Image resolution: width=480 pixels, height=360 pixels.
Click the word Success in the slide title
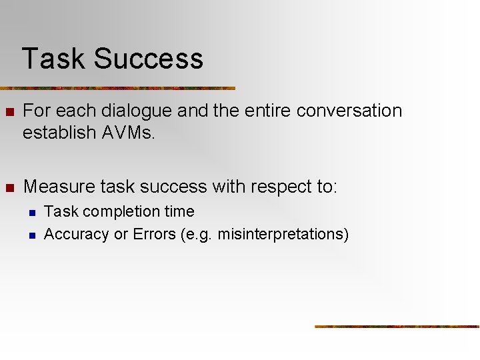[x=148, y=59]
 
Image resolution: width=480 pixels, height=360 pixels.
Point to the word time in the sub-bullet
[x=179, y=211]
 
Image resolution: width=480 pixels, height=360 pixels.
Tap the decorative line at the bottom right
[x=397, y=326]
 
